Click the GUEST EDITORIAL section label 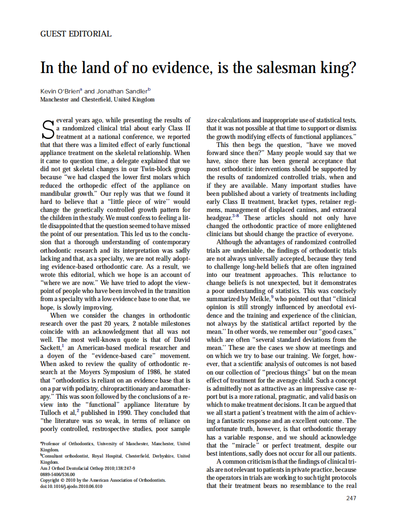76,34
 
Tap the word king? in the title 337,68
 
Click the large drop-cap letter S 47,128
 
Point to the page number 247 351,498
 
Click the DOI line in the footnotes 71,486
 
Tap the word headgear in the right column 219,218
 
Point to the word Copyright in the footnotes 52,480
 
